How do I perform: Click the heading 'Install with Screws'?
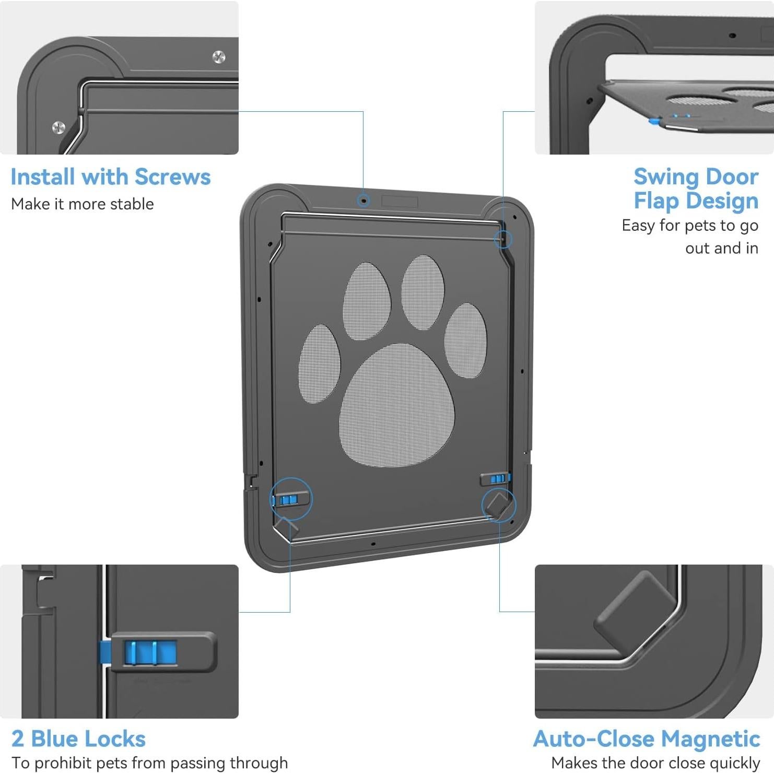pos(110,177)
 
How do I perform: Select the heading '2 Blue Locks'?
pos(78,739)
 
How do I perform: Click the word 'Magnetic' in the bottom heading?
pos(711,739)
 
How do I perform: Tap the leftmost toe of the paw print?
pos(319,364)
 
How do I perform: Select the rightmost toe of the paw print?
pos(465,341)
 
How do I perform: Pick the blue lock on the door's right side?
pos(498,478)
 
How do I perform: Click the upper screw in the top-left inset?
pos(219,57)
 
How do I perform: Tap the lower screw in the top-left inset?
pos(58,127)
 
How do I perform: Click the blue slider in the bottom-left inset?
pos(150,653)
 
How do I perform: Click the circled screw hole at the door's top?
pos(363,201)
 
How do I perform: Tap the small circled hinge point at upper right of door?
pos(503,240)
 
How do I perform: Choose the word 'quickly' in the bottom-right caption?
pos(734,764)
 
